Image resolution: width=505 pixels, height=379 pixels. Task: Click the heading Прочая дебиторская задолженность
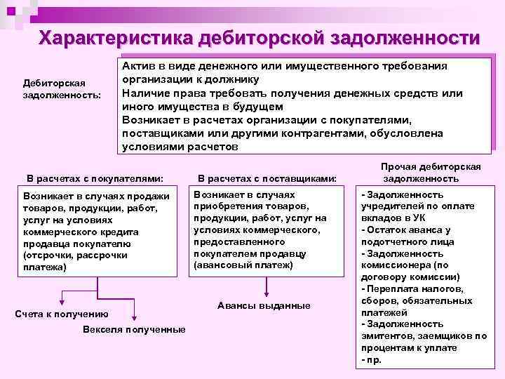tap(431, 172)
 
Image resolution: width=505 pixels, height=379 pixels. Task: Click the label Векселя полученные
tap(133, 329)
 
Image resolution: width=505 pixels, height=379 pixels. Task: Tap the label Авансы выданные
tap(264, 305)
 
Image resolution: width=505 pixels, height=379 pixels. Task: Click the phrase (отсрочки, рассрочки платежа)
tap(76, 261)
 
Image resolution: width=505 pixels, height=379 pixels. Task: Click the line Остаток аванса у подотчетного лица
tap(411, 235)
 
